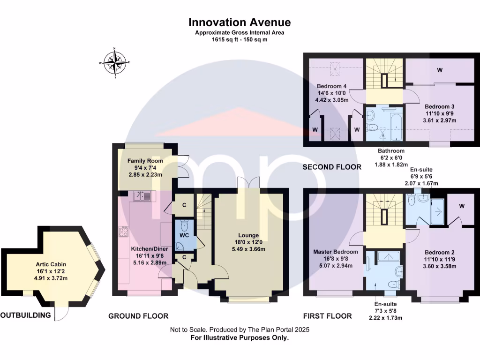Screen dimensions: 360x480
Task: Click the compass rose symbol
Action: (x=115, y=63)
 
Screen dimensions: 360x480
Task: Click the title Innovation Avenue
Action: (x=240, y=22)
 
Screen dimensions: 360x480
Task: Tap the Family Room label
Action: (x=145, y=161)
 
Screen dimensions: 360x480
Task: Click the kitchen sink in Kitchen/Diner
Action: (x=142, y=196)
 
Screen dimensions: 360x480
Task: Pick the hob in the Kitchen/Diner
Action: (x=125, y=232)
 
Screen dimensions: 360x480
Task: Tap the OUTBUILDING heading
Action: (x=26, y=315)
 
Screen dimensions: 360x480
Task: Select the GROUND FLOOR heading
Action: (x=138, y=316)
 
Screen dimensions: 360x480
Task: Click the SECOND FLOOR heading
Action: (x=332, y=167)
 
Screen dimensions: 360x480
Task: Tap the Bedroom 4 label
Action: (x=332, y=86)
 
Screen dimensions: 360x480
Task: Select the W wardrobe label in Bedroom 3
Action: (x=440, y=70)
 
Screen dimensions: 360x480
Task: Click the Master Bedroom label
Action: (x=336, y=252)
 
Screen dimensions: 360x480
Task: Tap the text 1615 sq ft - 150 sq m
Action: (x=240, y=40)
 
